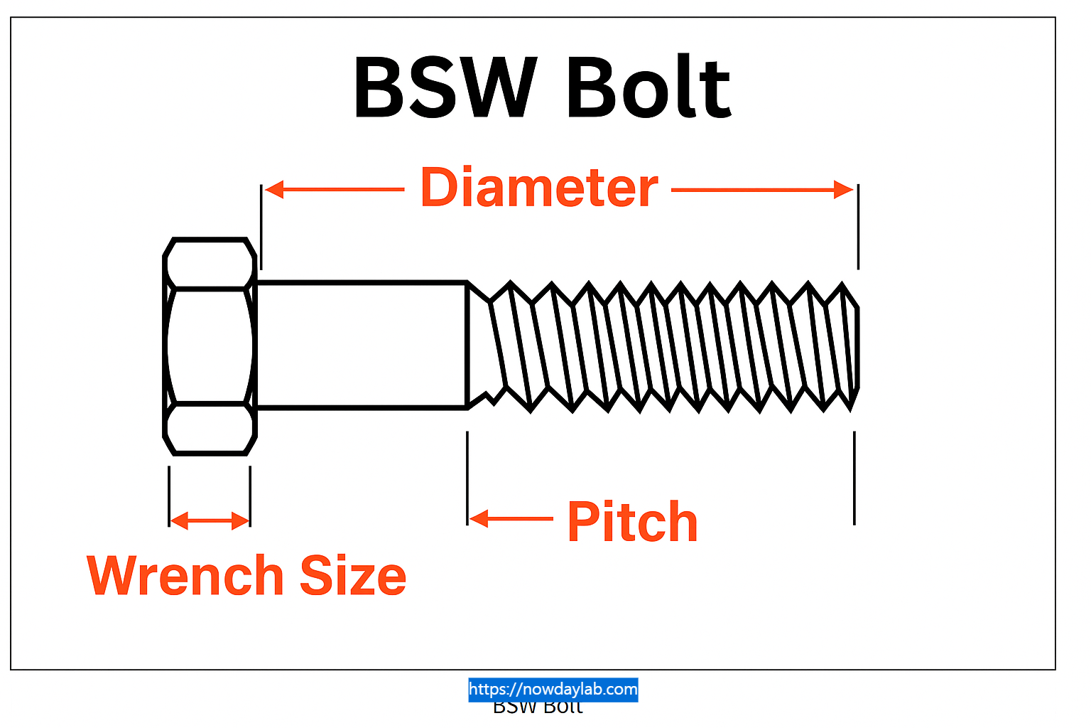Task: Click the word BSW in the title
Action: [444, 88]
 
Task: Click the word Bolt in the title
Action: [648, 88]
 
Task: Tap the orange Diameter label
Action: [539, 188]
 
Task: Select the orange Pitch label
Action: [632, 523]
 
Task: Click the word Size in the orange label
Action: [353, 576]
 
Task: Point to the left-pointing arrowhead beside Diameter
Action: [274, 190]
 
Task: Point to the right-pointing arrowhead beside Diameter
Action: [844, 190]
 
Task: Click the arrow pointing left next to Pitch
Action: [479, 519]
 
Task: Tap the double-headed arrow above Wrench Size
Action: [210, 521]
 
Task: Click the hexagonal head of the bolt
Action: [210, 346]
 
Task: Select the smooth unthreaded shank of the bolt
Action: [361, 346]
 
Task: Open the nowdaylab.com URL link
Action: [553, 689]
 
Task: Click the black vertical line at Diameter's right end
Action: [858, 226]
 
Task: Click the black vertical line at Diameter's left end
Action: [261, 226]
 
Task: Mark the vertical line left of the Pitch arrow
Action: [467, 478]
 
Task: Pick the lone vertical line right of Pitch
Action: [854, 478]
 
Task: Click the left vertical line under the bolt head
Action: [169, 496]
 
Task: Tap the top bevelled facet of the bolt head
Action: [210, 264]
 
